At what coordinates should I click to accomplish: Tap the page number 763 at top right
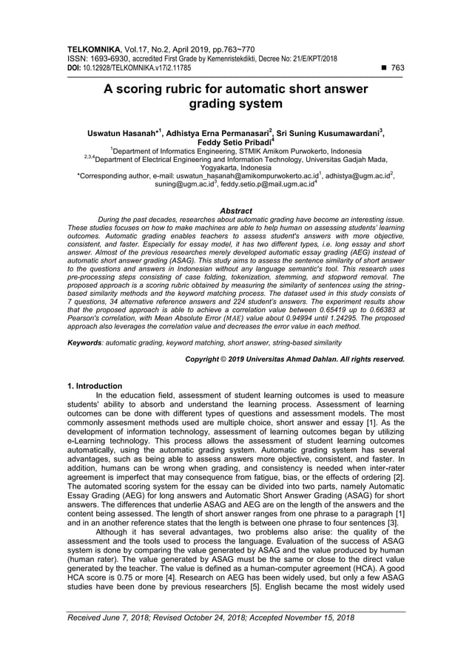pos(397,67)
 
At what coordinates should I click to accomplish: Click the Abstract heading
pos(236,211)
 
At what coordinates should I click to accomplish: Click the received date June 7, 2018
pos(133,617)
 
